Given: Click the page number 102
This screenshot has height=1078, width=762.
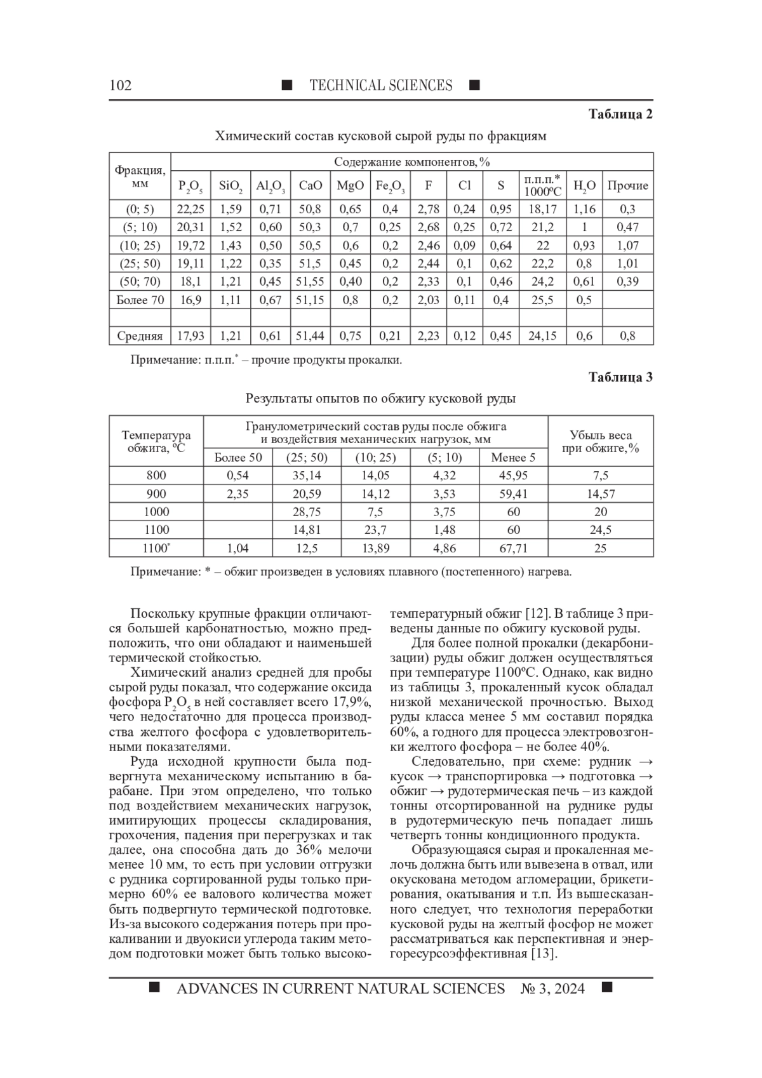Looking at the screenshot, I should pos(121,86).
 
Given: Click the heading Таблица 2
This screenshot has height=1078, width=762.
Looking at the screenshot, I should pos(620,114).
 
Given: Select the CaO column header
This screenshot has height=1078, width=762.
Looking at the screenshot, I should pos(311,185).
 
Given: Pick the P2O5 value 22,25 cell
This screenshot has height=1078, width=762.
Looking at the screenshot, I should pos(190,209).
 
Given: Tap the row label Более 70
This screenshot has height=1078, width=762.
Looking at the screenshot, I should pos(140,300).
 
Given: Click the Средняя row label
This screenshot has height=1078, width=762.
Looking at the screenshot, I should pos(140,336).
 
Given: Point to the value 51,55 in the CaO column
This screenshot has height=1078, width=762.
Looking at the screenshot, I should pos(311,281).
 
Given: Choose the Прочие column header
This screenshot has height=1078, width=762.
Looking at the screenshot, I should pos(627,185).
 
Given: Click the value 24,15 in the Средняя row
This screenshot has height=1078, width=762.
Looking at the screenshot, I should pos(542,336).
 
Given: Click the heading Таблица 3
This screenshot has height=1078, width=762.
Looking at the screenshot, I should pos(620,377).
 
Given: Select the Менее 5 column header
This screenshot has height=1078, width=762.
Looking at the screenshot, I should pos(514,457).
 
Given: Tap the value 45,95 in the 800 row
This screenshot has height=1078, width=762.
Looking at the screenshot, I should pos(514,476).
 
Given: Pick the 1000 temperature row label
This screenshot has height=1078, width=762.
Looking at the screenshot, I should pos(156,512).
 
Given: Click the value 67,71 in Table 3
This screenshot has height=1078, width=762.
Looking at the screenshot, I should pos(514,548).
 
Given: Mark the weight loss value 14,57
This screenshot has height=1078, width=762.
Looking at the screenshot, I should pos(600,493).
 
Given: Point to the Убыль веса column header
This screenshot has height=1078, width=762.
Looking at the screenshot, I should pos(600,441).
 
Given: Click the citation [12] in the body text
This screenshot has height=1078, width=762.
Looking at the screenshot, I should pos(537,614).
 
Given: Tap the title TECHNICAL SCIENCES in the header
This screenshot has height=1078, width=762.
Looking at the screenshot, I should pos(381,86).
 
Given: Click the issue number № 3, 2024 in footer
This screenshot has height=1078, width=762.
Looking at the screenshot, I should pos(552,988).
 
